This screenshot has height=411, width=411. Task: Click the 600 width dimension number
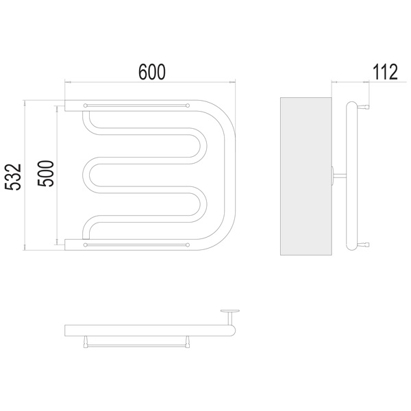coord(152,71)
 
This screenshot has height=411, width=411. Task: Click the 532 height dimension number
coord(13,177)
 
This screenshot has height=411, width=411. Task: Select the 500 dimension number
coord(45,173)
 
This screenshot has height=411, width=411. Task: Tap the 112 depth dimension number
coord(385,72)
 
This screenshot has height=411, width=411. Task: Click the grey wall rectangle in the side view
coord(306,176)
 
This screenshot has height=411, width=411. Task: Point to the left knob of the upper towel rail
coord(85,105)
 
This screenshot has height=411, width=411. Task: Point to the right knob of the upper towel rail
coord(188,105)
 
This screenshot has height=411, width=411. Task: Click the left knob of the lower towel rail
coord(85,245)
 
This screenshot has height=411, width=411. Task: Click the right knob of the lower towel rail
coord(188,245)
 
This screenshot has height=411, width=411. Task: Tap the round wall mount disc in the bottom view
coord(230,311)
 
